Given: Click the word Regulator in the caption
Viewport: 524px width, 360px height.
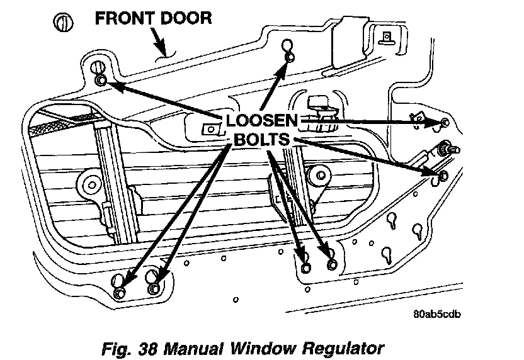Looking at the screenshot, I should (341, 346).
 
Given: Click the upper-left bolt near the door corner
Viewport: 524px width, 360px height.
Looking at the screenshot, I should (101, 80).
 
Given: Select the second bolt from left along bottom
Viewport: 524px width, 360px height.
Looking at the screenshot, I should (154, 288).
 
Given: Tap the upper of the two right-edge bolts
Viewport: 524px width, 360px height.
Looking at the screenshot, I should (445, 122).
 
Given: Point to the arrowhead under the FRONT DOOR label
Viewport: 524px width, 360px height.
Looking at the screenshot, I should (163, 50).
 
